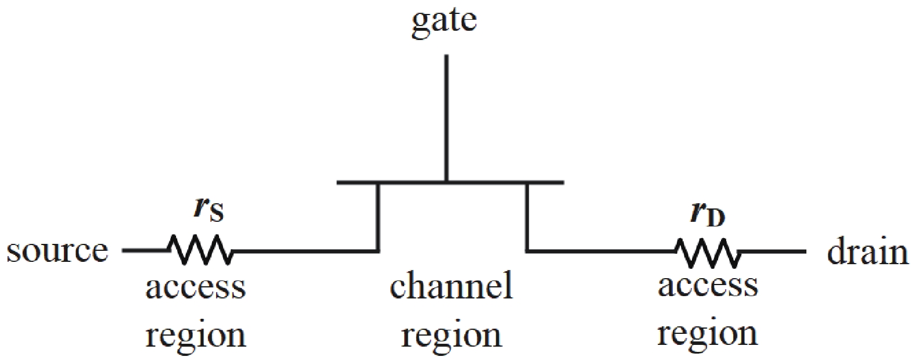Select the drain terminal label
pos(867,253)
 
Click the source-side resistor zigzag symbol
pos(199,251)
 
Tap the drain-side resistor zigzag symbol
pos(706,253)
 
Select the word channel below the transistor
pos(451,286)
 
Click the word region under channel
pos(451,336)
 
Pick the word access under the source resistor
pos(195,287)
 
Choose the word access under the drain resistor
pos(708,286)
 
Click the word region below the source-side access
pos(195,336)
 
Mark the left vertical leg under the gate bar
pos(378,217)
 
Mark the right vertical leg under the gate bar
pos(527,217)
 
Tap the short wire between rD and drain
pos(773,251)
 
